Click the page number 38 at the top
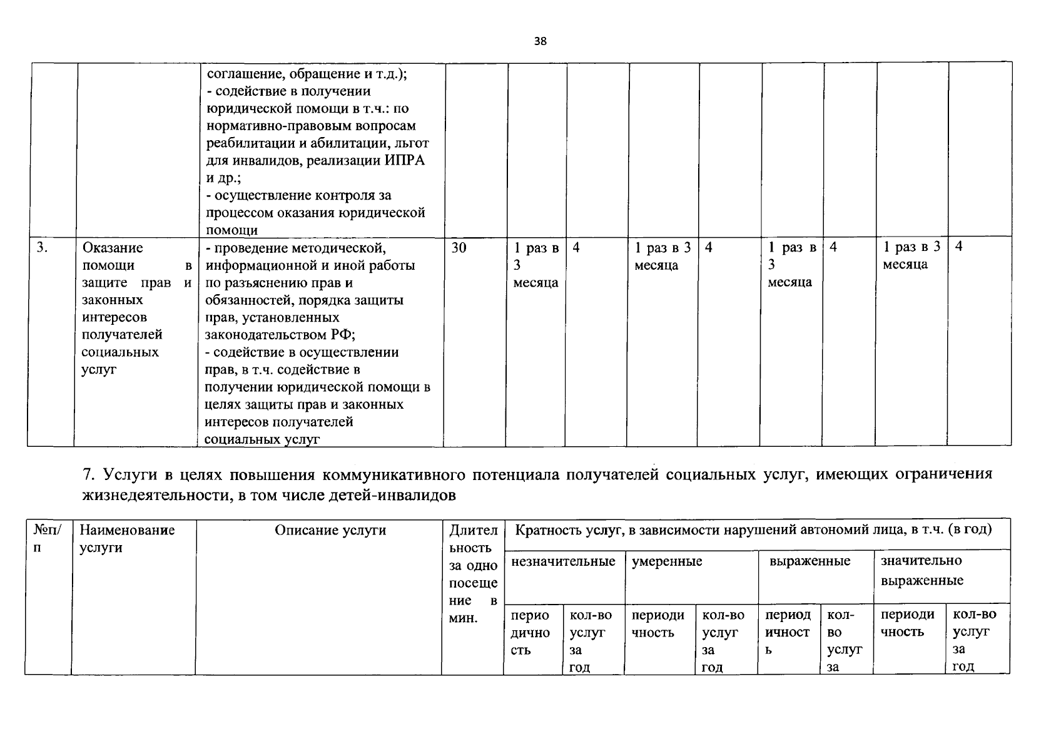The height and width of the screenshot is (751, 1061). pyautogui.click(x=540, y=42)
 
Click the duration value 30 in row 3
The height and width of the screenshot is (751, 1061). pyautogui.click(x=459, y=248)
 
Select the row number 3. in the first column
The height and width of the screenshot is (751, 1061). pyautogui.click(x=41, y=247)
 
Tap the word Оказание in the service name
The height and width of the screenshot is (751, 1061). pyautogui.click(x=113, y=248)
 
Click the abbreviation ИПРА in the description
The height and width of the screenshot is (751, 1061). pyautogui.click(x=404, y=160)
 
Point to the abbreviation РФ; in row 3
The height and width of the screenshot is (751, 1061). pyautogui.click(x=343, y=335)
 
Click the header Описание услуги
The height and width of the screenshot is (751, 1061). pyautogui.click(x=330, y=531)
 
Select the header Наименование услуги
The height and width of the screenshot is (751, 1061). pyautogui.click(x=127, y=539)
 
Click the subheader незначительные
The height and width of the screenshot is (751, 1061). pyautogui.click(x=563, y=561)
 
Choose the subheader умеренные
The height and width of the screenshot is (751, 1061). pyautogui.click(x=667, y=561)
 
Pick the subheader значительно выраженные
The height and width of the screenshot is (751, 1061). pyautogui.click(x=921, y=570)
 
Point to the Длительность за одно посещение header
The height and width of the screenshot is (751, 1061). pyautogui.click(x=474, y=574)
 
